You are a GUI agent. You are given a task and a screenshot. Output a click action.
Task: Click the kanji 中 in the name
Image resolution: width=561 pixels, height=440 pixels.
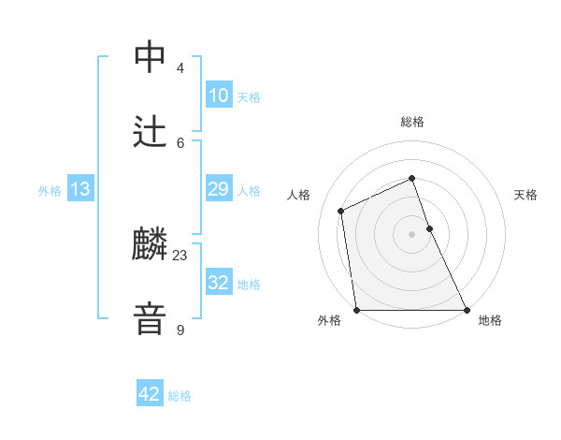151,57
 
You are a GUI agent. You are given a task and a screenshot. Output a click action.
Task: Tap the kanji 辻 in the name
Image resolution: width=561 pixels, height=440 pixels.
151,132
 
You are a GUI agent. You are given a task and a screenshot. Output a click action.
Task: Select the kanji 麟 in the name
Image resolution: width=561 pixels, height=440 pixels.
151,245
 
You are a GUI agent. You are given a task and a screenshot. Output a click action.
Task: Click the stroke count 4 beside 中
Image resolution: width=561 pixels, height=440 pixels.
180,68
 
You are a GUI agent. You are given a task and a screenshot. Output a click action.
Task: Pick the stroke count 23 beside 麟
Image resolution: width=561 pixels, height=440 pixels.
180,256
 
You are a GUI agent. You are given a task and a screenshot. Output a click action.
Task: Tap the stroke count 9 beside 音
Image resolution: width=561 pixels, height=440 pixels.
180,330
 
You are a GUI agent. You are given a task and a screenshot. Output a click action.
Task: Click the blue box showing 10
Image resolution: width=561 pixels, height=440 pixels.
218,95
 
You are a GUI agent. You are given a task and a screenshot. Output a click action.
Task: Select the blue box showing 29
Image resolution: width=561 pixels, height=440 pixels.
218,189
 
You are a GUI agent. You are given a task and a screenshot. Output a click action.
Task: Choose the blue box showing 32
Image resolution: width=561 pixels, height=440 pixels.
218,283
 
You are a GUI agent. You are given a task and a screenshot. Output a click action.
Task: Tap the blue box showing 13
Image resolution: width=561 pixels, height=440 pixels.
79,189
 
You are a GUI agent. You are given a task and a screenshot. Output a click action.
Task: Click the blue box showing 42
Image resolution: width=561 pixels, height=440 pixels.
149,394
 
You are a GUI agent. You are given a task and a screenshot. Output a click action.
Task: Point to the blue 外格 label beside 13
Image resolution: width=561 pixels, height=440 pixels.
50,191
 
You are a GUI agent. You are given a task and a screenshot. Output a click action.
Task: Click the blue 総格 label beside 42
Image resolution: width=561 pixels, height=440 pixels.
180,396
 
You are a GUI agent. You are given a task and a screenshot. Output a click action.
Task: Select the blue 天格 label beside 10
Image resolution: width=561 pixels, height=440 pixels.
249,97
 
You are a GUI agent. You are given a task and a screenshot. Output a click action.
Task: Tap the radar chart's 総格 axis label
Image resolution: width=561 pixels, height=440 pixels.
412,122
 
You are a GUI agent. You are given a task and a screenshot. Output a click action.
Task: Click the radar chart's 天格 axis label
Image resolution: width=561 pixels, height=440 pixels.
526,195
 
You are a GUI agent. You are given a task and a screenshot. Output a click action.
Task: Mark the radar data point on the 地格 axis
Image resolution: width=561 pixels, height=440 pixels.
467,310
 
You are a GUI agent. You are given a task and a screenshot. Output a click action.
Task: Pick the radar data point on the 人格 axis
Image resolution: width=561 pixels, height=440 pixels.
341,211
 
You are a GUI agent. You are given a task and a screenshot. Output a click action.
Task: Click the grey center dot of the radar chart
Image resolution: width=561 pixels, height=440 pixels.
412,234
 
